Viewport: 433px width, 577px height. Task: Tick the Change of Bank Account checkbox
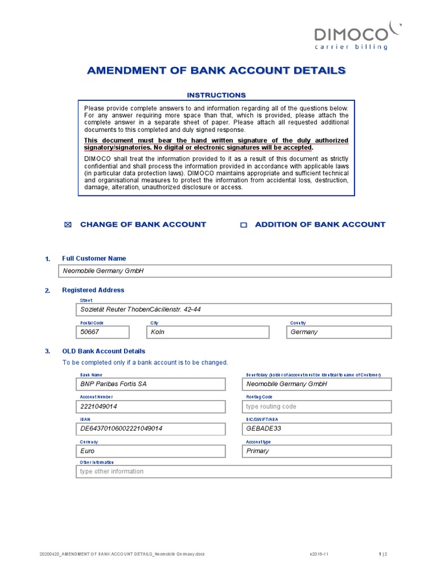tap(69, 225)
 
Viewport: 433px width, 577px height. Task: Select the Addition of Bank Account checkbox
tap(244, 225)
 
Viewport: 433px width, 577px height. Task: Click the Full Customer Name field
tap(226, 271)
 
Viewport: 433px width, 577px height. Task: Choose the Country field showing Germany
tap(338, 332)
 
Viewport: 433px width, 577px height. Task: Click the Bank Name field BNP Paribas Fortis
tap(151, 384)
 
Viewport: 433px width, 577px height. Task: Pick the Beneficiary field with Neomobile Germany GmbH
tap(317, 384)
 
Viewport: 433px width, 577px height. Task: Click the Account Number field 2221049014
tap(151, 406)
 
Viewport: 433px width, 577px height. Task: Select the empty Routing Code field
tap(317, 406)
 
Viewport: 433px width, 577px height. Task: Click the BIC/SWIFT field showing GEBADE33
tap(317, 429)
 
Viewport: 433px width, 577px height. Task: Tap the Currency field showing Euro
tap(151, 451)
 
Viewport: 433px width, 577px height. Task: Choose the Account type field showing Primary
tap(317, 451)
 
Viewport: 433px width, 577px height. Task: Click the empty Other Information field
tap(233, 472)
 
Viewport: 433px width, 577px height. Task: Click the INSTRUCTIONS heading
tap(216, 95)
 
